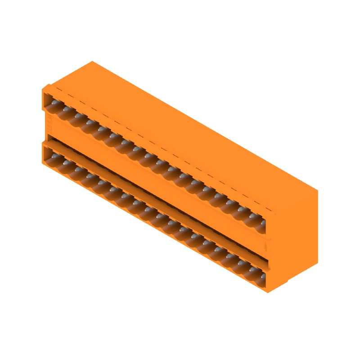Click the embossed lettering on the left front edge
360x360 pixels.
pyautogui.click(x=49, y=121)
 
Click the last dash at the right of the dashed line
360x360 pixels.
pyautogui.click(x=269, y=210)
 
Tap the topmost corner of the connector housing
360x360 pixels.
pyautogui.click(x=92, y=62)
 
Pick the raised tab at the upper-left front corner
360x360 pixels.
pyautogui.click(x=45, y=88)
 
